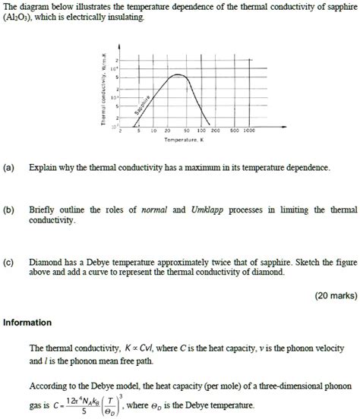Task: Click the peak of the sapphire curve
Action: pos(178,75)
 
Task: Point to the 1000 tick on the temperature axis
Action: pos(250,131)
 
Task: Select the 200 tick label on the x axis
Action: pos(215,131)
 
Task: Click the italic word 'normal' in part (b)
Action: pos(155,209)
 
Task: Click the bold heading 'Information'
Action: pos(27,322)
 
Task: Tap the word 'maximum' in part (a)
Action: pos(194,167)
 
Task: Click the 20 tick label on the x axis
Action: pos(167,131)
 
